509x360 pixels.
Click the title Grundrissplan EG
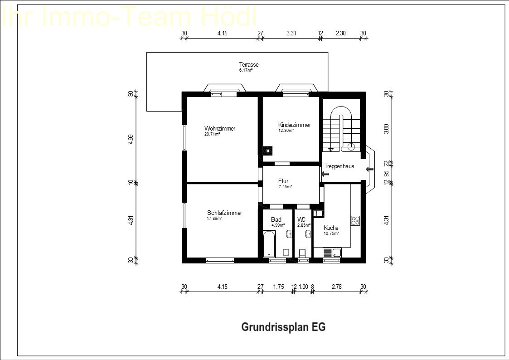[283, 327]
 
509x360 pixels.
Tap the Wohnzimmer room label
[220, 128]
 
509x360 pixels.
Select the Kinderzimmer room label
[295, 125]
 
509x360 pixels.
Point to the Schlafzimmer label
[224, 213]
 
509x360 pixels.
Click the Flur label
[283, 181]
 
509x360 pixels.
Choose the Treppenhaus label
[339, 166]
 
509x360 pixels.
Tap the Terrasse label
[249, 64]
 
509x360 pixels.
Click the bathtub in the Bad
[269, 243]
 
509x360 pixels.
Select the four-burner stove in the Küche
[355, 221]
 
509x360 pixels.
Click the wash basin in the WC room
[308, 234]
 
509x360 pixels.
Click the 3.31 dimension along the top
[291, 33]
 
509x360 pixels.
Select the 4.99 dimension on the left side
[131, 139]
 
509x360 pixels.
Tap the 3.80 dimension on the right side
[386, 129]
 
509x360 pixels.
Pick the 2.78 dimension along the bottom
[336, 287]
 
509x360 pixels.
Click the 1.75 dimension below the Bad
[278, 287]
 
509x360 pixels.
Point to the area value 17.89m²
[214, 219]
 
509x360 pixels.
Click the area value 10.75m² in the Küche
[331, 234]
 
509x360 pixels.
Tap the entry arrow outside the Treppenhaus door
[370, 169]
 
